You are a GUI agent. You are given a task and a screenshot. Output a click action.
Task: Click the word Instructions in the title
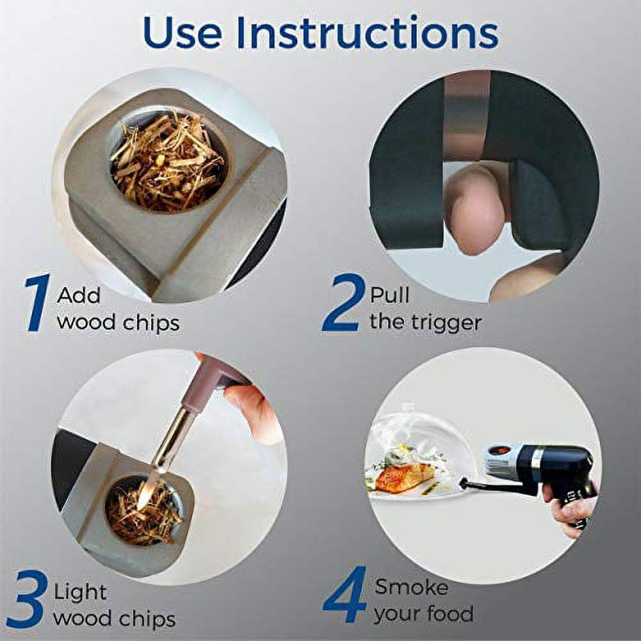(367, 33)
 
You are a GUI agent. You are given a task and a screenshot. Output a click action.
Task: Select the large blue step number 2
(342, 302)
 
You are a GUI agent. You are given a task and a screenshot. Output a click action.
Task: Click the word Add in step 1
(78, 294)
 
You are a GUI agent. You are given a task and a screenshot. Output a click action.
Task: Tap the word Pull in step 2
(389, 294)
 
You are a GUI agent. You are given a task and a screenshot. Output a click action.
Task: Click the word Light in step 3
(80, 592)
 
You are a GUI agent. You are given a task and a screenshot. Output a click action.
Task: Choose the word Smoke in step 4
(412, 587)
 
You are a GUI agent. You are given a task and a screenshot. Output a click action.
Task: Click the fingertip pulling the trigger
(476, 208)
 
